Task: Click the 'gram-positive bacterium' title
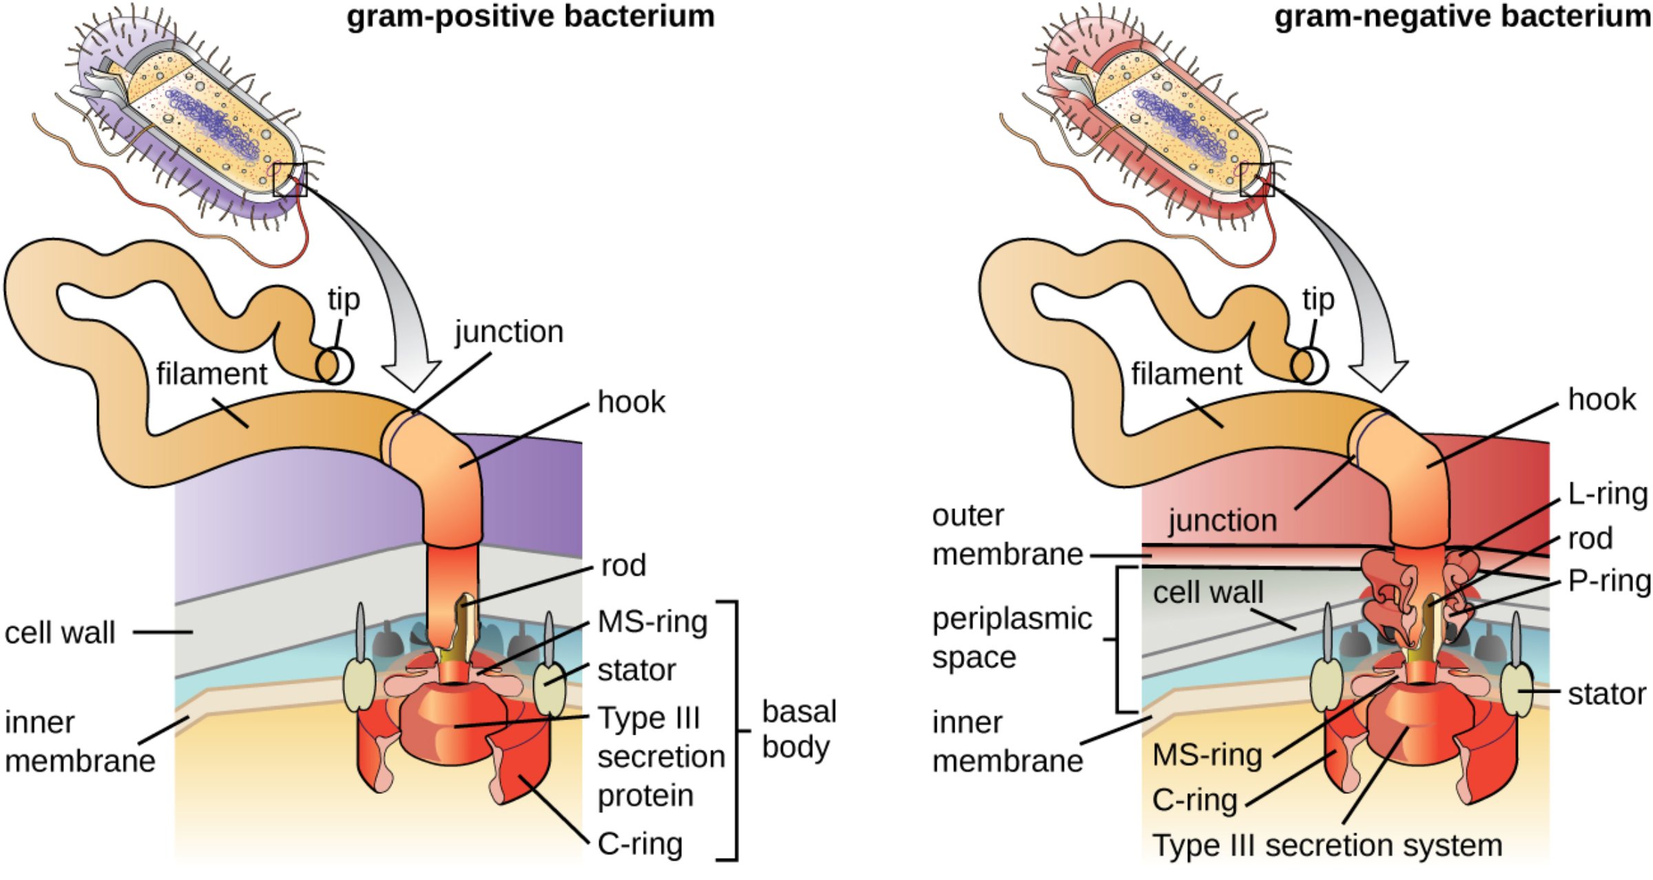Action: click(x=530, y=17)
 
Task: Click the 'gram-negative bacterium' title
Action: click(x=1462, y=17)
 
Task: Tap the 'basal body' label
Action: click(x=799, y=729)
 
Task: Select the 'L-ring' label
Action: click(x=1607, y=494)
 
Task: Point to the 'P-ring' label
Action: click(x=1609, y=581)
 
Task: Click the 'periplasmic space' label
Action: click(x=1011, y=638)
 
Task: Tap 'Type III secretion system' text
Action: click(x=1327, y=846)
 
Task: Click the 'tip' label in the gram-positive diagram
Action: click(x=344, y=300)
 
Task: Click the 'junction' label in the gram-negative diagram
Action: click(x=1223, y=520)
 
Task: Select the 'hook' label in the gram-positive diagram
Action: click(x=631, y=401)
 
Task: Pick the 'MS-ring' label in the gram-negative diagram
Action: click(x=1207, y=755)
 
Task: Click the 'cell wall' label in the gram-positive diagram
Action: click(x=60, y=633)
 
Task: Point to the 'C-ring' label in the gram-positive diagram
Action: click(x=640, y=844)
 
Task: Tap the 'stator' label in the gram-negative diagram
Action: click(x=1606, y=694)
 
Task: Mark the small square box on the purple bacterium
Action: click(x=289, y=180)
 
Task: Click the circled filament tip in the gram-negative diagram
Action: click(x=1309, y=366)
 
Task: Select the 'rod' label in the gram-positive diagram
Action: click(x=623, y=565)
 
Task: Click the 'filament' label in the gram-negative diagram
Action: click(x=1186, y=375)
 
